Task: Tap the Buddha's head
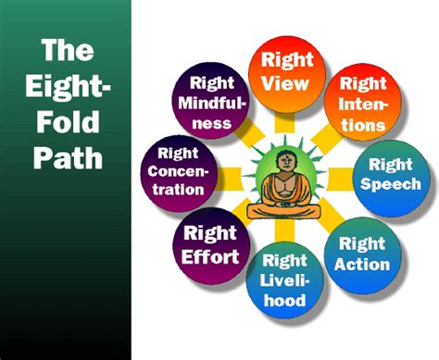(x=284, y=162)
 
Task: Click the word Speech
(x=392, y=183)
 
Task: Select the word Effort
(x=210, y=255)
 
